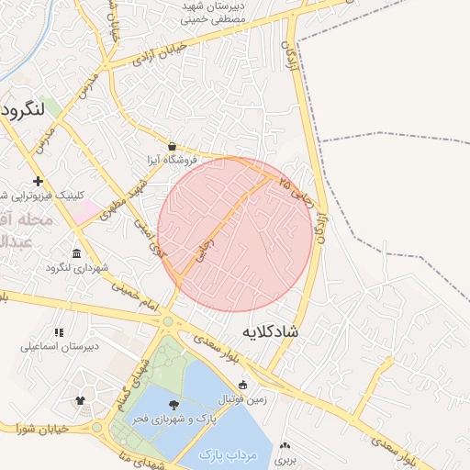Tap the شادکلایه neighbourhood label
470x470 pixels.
point(271,330)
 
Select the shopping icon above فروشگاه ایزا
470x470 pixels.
point(173,145)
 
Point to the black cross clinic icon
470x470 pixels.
point(38,181)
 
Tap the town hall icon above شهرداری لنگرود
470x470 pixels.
point(75,253)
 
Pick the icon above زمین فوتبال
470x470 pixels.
point(242,385)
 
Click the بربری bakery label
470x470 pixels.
point(289,457)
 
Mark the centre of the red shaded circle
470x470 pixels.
point(235,235)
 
